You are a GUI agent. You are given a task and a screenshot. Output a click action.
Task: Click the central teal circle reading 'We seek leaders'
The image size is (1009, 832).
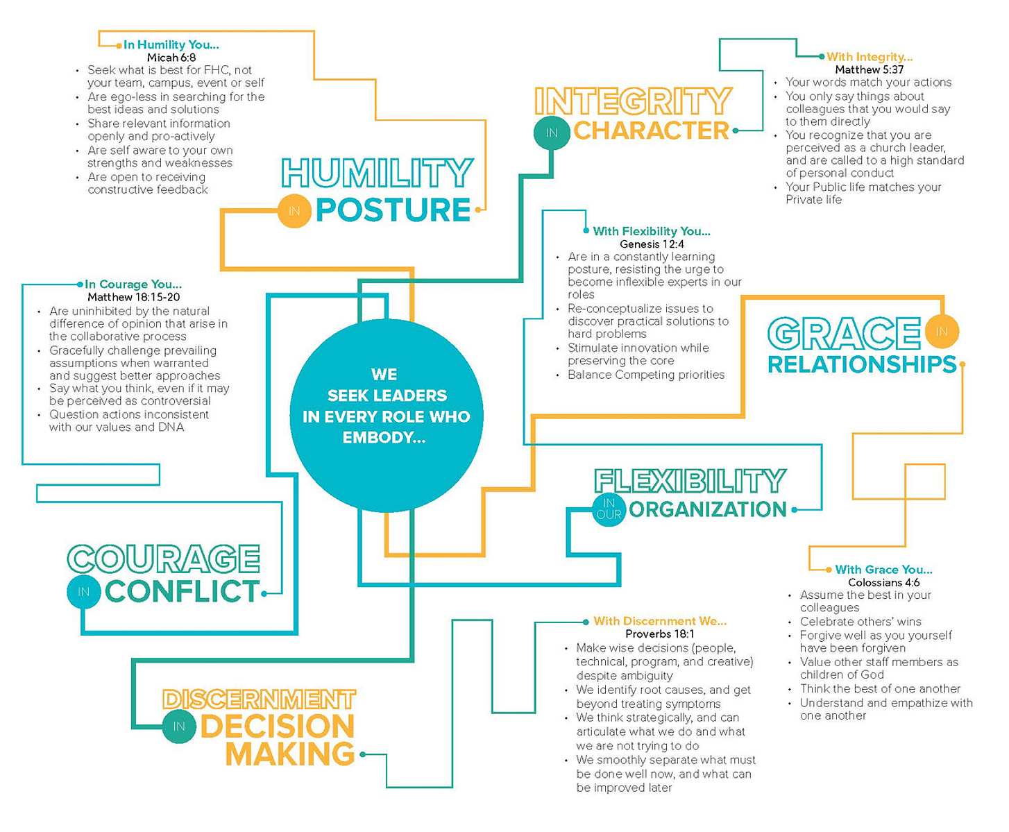tap(386, 416)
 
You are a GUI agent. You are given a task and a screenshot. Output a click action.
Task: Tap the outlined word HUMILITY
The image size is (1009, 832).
tap(377, 173)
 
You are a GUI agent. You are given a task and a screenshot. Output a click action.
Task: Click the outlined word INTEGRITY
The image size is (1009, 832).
tap(633, 101)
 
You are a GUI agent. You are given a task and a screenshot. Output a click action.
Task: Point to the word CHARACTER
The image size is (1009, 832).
tap(652, 130)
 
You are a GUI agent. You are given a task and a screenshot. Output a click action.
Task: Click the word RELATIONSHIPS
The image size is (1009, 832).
tap(862, 364)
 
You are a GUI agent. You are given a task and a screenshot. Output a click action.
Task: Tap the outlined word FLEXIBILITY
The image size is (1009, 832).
tap(690, 481)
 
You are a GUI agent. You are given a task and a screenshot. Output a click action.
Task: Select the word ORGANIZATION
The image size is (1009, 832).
tap(708, 509)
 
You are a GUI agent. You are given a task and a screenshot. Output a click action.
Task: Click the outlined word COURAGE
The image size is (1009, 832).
tap(164, 559)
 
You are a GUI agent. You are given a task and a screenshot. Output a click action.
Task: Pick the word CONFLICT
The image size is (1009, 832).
tap(183, 591)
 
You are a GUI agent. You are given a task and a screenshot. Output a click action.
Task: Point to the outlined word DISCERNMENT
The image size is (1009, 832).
tap(259, 699)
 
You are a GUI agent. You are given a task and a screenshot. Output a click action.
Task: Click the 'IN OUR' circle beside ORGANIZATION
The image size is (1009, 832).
tap(609, 509)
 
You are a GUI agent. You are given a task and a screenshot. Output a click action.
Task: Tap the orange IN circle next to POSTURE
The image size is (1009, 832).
tap(294, 211)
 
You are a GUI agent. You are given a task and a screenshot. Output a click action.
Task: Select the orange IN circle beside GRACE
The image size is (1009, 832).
tap(942, 332)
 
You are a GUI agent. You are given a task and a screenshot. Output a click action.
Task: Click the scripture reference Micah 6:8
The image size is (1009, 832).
tap(171, 58)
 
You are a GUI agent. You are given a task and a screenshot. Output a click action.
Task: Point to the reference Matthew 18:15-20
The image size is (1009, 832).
tap(134, 297)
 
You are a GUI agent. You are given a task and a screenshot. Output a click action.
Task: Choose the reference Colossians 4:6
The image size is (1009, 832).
tap(884, 582)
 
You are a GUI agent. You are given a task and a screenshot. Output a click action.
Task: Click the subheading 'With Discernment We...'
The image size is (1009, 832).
tap(660, 621)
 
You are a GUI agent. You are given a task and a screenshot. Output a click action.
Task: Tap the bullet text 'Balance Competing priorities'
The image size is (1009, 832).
tap(646, 375)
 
